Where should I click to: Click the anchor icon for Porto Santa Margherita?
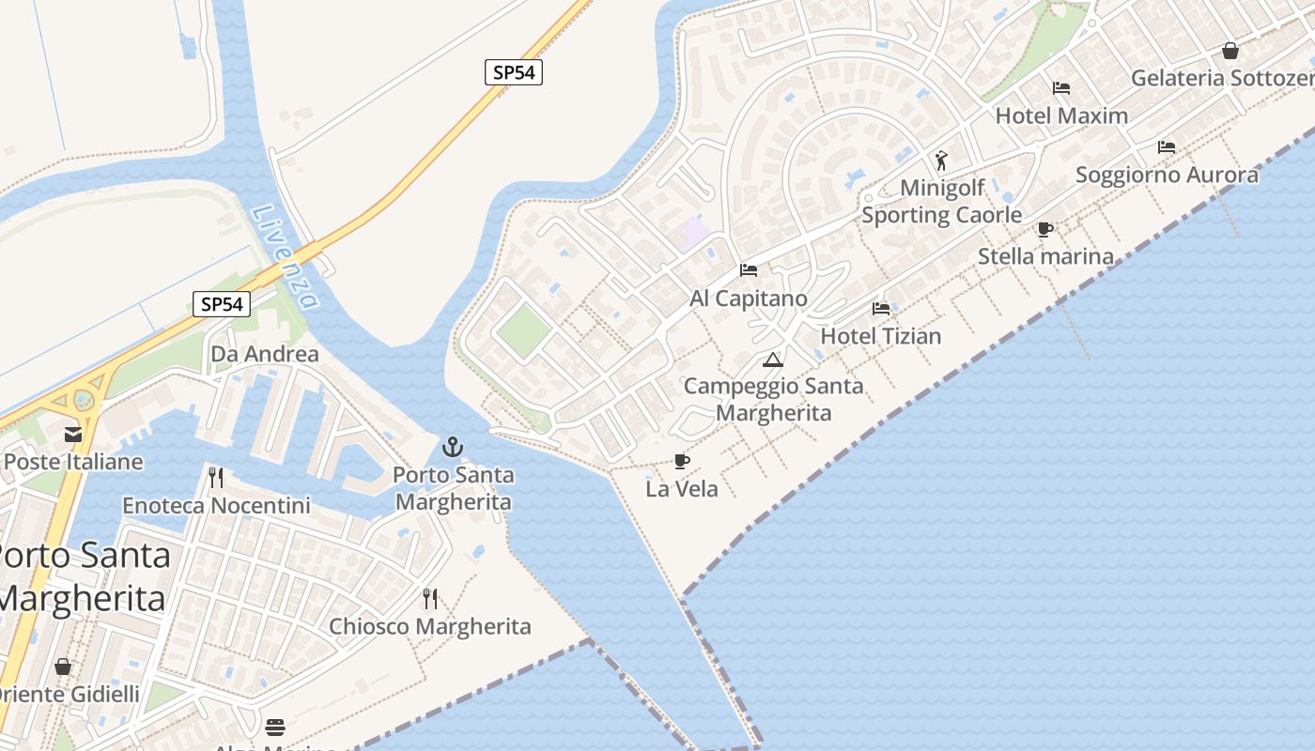coord(453,446)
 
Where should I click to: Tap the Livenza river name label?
coord(285,257)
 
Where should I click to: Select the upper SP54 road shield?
coord(514,72)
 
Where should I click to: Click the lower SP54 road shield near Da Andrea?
coord(222,304)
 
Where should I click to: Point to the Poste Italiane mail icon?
coord(73,434)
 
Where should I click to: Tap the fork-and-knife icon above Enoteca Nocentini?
coord(216,478)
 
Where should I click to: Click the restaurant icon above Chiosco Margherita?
coord(430,599)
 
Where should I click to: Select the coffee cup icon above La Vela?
coord(682,461)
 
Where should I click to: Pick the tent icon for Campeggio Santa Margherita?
coord(772,360)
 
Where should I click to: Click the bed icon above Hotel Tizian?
coord(880,308)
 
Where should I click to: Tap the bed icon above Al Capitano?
coord(749,270)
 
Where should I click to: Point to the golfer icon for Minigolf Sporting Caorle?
coord(941,161)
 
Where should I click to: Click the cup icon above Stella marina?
coord(1044,229)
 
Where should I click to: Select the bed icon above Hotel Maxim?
coord(1061,88)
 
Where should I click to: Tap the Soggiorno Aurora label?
coord(1167,175)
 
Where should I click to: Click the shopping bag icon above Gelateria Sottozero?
coord(1230,51)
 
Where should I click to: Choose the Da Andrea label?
coord(265,354)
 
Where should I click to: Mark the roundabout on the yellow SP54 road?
coord(84,400)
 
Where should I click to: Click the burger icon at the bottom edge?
coord(275,728)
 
